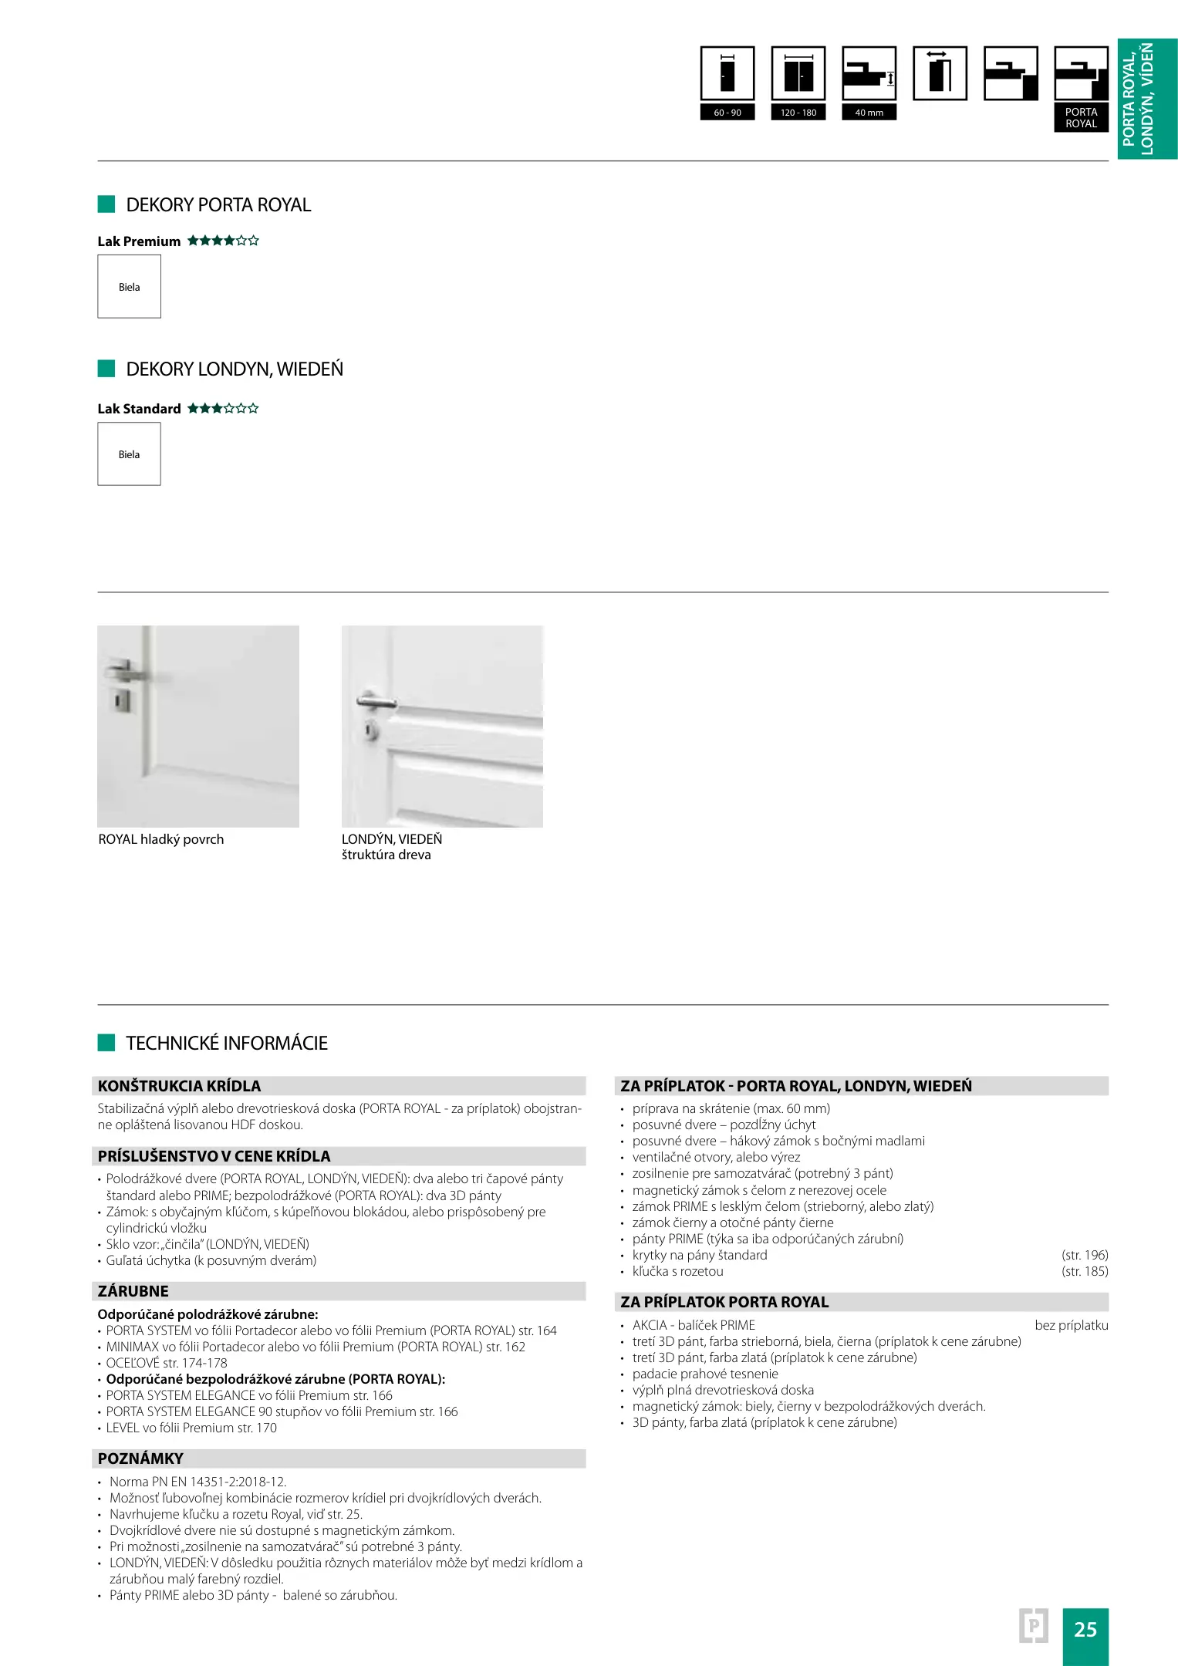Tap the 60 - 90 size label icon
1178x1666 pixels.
tap(727, 113)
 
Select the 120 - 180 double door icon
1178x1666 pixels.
tap(798, 74)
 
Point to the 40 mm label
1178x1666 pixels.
tap(869, 113)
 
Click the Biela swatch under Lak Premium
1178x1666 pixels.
tap(129, 287)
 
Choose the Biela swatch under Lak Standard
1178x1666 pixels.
tap(129, 454)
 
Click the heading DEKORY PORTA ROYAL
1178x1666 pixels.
tap(218, 205)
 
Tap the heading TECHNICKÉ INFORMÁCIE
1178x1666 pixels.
tap(227, 1044)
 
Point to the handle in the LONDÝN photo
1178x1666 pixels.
tap(375, 702)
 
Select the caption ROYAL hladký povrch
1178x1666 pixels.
tap(161, 839)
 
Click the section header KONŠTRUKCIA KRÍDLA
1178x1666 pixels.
tap(180, 1086)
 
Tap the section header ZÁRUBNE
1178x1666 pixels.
tap(133, 1291)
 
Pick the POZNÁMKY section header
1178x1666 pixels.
tap(140, 1459)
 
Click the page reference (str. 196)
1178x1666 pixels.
tap(1084, 1255)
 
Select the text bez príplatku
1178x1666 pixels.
tap(1071, 1325)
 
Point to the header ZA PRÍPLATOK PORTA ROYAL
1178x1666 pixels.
tap(724, 1302)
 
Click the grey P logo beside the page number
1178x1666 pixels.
tap(1033, 1626)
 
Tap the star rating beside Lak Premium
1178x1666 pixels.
tap(223, 241)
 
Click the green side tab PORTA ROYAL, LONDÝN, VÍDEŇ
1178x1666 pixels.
tap(1147, 99)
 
